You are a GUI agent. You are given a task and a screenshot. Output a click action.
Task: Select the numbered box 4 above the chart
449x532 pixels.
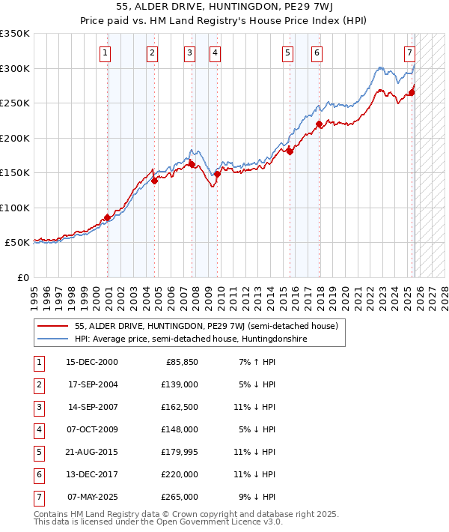click(x=215, y=53)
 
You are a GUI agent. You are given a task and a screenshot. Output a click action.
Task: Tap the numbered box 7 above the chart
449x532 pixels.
click(x=409, y=53)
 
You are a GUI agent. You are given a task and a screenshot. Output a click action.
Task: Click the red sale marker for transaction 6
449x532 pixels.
click(x=320, y=124)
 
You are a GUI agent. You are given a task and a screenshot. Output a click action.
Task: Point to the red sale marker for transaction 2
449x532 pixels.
click(x=154, y=181)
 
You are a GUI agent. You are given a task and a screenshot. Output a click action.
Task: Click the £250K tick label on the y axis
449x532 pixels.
click(x=15, y=103)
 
